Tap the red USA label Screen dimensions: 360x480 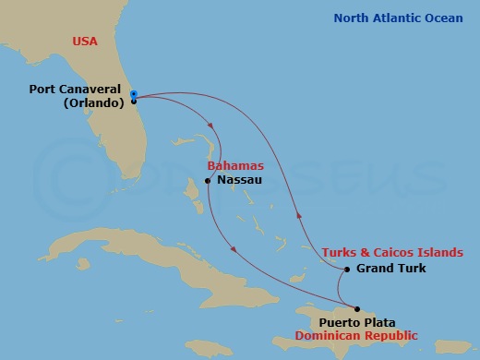point(84,41)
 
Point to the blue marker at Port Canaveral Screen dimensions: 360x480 point(133,94)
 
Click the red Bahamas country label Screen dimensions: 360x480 point(229,166)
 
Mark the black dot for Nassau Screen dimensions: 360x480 point(208,181)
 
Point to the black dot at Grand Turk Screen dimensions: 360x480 point(346,270)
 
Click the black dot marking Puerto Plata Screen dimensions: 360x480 point(357,308)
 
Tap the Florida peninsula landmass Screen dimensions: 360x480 point(120,138)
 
